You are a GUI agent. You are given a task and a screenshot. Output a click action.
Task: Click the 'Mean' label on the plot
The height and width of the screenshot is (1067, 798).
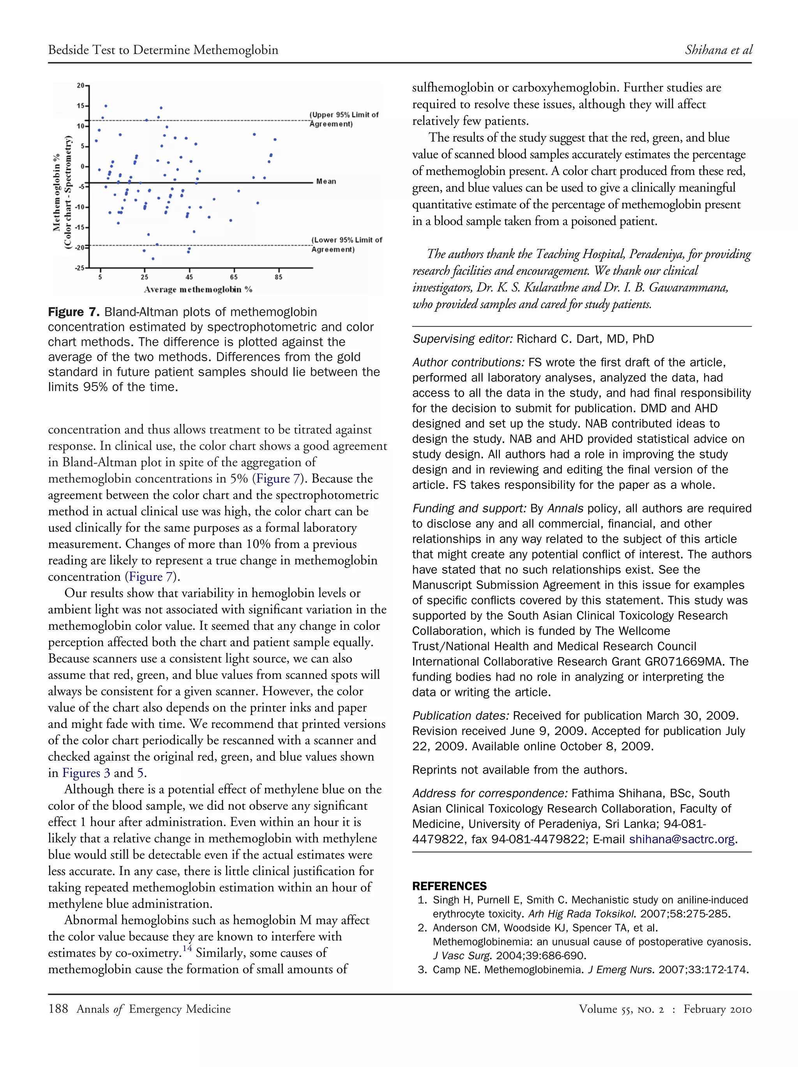(326, 181)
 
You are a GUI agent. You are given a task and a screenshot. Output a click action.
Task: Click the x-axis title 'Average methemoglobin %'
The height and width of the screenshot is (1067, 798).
(198, 289)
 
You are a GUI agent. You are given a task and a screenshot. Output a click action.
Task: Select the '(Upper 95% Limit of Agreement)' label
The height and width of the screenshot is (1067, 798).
(344, 119)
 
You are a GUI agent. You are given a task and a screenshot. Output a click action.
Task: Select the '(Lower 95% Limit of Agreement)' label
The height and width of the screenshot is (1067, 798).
(346, 244)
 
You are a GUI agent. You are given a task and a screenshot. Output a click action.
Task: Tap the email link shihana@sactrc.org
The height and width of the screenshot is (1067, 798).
(681, 839)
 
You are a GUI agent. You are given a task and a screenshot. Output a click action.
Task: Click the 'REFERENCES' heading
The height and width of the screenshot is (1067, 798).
(449, 886)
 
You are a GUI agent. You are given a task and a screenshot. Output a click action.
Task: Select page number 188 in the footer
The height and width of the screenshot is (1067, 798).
(58, 1009)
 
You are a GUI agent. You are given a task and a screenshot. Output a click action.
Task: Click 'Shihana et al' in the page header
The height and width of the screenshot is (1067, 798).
(718, 50)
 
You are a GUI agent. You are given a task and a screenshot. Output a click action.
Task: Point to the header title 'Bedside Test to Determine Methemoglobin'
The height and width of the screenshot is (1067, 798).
(163, 50)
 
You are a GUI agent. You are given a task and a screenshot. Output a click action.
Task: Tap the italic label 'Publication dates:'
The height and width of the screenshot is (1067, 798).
(461, 716)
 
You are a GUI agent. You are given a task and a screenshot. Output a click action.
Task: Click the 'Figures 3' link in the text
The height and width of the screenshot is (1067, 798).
(86, 773)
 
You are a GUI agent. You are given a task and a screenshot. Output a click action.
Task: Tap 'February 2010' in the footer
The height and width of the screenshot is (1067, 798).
(717, 1009)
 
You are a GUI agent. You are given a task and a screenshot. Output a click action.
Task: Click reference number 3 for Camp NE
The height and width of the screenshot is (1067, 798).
(422, 970)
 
